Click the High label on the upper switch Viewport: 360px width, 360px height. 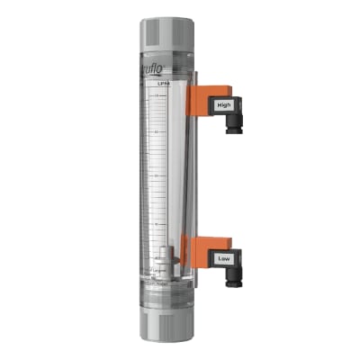(x=224, y=105)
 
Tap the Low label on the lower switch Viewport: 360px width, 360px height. (x=222, y=258)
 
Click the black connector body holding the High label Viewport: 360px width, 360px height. (x=225, y=112)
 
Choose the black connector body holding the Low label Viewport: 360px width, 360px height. (x=223, y=264)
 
